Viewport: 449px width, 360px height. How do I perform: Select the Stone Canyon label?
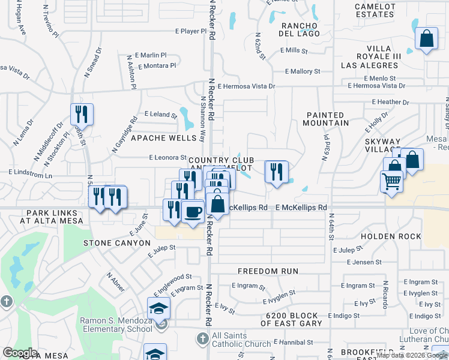pos(116,243)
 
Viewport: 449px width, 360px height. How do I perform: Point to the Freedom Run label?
pos(268,271)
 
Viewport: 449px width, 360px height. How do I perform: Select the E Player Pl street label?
pos(190,31)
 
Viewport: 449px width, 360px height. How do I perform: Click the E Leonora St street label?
pos(167,158)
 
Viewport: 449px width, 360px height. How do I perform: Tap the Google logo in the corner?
pos(20,353)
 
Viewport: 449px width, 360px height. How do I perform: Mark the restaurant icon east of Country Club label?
pos(276,172)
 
